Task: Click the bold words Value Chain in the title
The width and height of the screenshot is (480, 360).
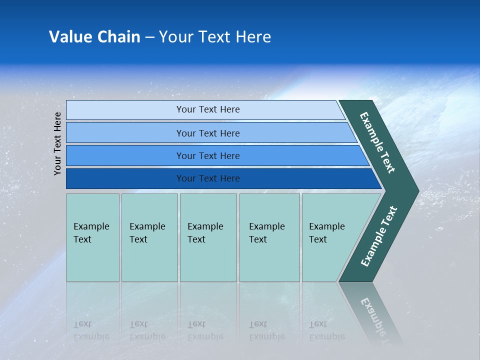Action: point(94,37)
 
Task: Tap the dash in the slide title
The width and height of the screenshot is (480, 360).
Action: point(149,37)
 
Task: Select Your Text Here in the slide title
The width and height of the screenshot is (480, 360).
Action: point(215,37)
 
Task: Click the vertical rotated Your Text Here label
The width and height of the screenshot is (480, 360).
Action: point(57,143)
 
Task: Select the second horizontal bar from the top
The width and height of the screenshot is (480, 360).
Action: point(208,133)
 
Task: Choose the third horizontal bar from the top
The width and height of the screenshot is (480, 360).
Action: point(208,155)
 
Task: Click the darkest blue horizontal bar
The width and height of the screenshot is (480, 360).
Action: point(208,178)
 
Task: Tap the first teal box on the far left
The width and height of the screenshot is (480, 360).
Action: point(92,237)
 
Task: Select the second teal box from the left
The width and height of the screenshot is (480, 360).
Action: point(149,237)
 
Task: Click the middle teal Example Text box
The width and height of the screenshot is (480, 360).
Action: point(208,237)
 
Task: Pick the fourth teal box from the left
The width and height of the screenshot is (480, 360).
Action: point(269,237)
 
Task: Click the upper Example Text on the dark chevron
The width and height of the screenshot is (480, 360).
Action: point(377,142)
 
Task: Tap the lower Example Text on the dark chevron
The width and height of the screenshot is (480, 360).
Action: point(379,236)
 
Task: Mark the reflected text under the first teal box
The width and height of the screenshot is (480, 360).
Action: point(91,330)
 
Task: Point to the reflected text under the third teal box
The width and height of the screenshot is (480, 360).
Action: point(205,330)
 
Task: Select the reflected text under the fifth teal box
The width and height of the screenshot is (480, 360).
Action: point(326,330)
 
